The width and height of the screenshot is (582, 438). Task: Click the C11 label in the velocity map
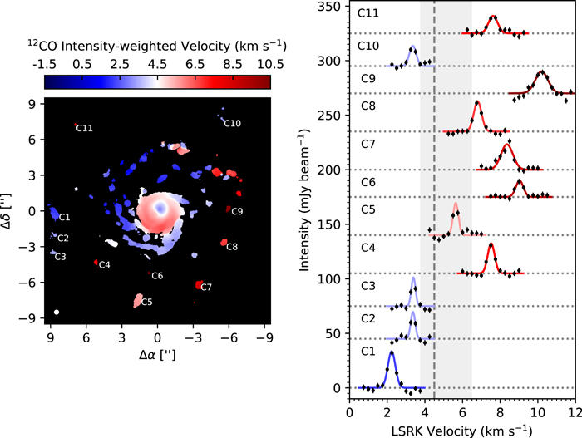click(84, 128)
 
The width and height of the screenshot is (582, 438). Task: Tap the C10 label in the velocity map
click(233, 124)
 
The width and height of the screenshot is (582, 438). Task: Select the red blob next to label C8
click(224, 242)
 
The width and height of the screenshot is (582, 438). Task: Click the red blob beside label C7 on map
click(199, 284)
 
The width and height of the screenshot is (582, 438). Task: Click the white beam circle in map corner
click(57, 312)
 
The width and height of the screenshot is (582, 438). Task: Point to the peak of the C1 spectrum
click(392, 352)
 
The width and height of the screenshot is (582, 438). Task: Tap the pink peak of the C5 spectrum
click(455, 204)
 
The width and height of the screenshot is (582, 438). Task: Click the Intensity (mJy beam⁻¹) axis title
click(311, 199)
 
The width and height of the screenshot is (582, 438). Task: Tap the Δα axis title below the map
click(158, 353)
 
